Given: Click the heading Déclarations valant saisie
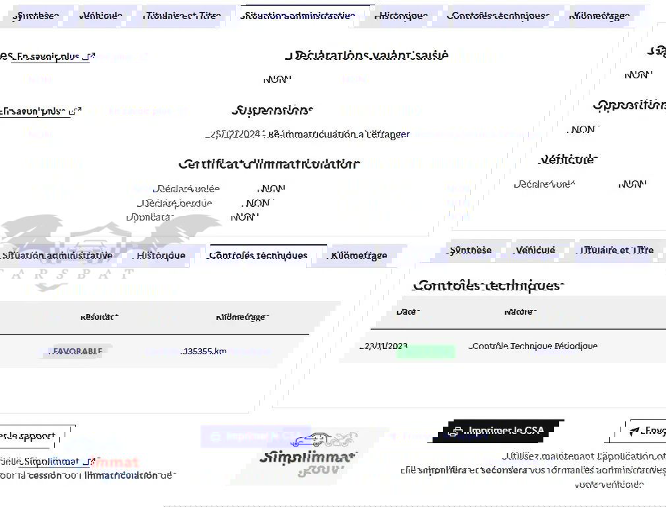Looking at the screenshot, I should (367, 55).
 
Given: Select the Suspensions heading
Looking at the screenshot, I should (272, 110).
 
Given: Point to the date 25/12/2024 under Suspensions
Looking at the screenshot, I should (235, 134).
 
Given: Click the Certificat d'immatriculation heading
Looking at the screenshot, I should (269, 164).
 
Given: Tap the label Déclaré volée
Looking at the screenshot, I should (186, 189).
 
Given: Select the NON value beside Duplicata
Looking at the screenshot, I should (243, 217).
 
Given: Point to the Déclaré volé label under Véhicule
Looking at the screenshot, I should (545, 184).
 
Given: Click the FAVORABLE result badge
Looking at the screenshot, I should (77, 352).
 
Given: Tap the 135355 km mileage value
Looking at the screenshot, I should (204, 352).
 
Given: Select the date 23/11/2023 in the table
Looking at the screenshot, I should (385, 346).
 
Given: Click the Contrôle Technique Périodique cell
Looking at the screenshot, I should (533, 346).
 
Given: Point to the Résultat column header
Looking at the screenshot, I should (99, 317).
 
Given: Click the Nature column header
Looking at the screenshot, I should (518, 312).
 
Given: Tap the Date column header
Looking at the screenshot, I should (406, 312).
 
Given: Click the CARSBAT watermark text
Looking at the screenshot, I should (66, 273).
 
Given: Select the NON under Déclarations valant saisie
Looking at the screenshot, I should (277, 80).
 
